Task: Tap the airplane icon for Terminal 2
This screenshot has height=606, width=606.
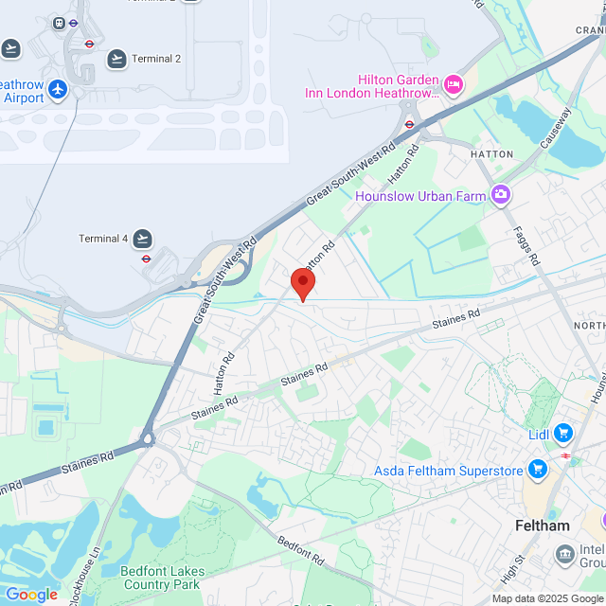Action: pos(116,59)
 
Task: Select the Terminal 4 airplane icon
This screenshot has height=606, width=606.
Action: pos(143,238)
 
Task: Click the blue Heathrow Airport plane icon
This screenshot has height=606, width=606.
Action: pos(59,89)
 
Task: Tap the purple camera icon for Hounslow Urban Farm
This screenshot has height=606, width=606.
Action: pos(501,196)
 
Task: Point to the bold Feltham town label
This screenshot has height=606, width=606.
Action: pos(542,526)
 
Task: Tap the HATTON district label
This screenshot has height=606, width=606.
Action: pos(492,153)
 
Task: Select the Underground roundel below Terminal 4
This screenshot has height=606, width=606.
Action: pos(147,258)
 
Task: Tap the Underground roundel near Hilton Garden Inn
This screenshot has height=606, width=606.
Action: pos(409,123)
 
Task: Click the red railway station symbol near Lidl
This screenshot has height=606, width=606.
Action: pos(565,455)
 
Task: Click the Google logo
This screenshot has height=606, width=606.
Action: pos(32,594)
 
